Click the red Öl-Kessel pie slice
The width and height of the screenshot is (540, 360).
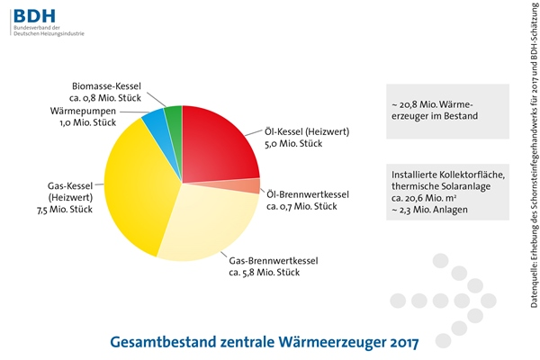(216, 144)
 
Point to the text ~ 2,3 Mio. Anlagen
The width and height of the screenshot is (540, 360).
(430, 209)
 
